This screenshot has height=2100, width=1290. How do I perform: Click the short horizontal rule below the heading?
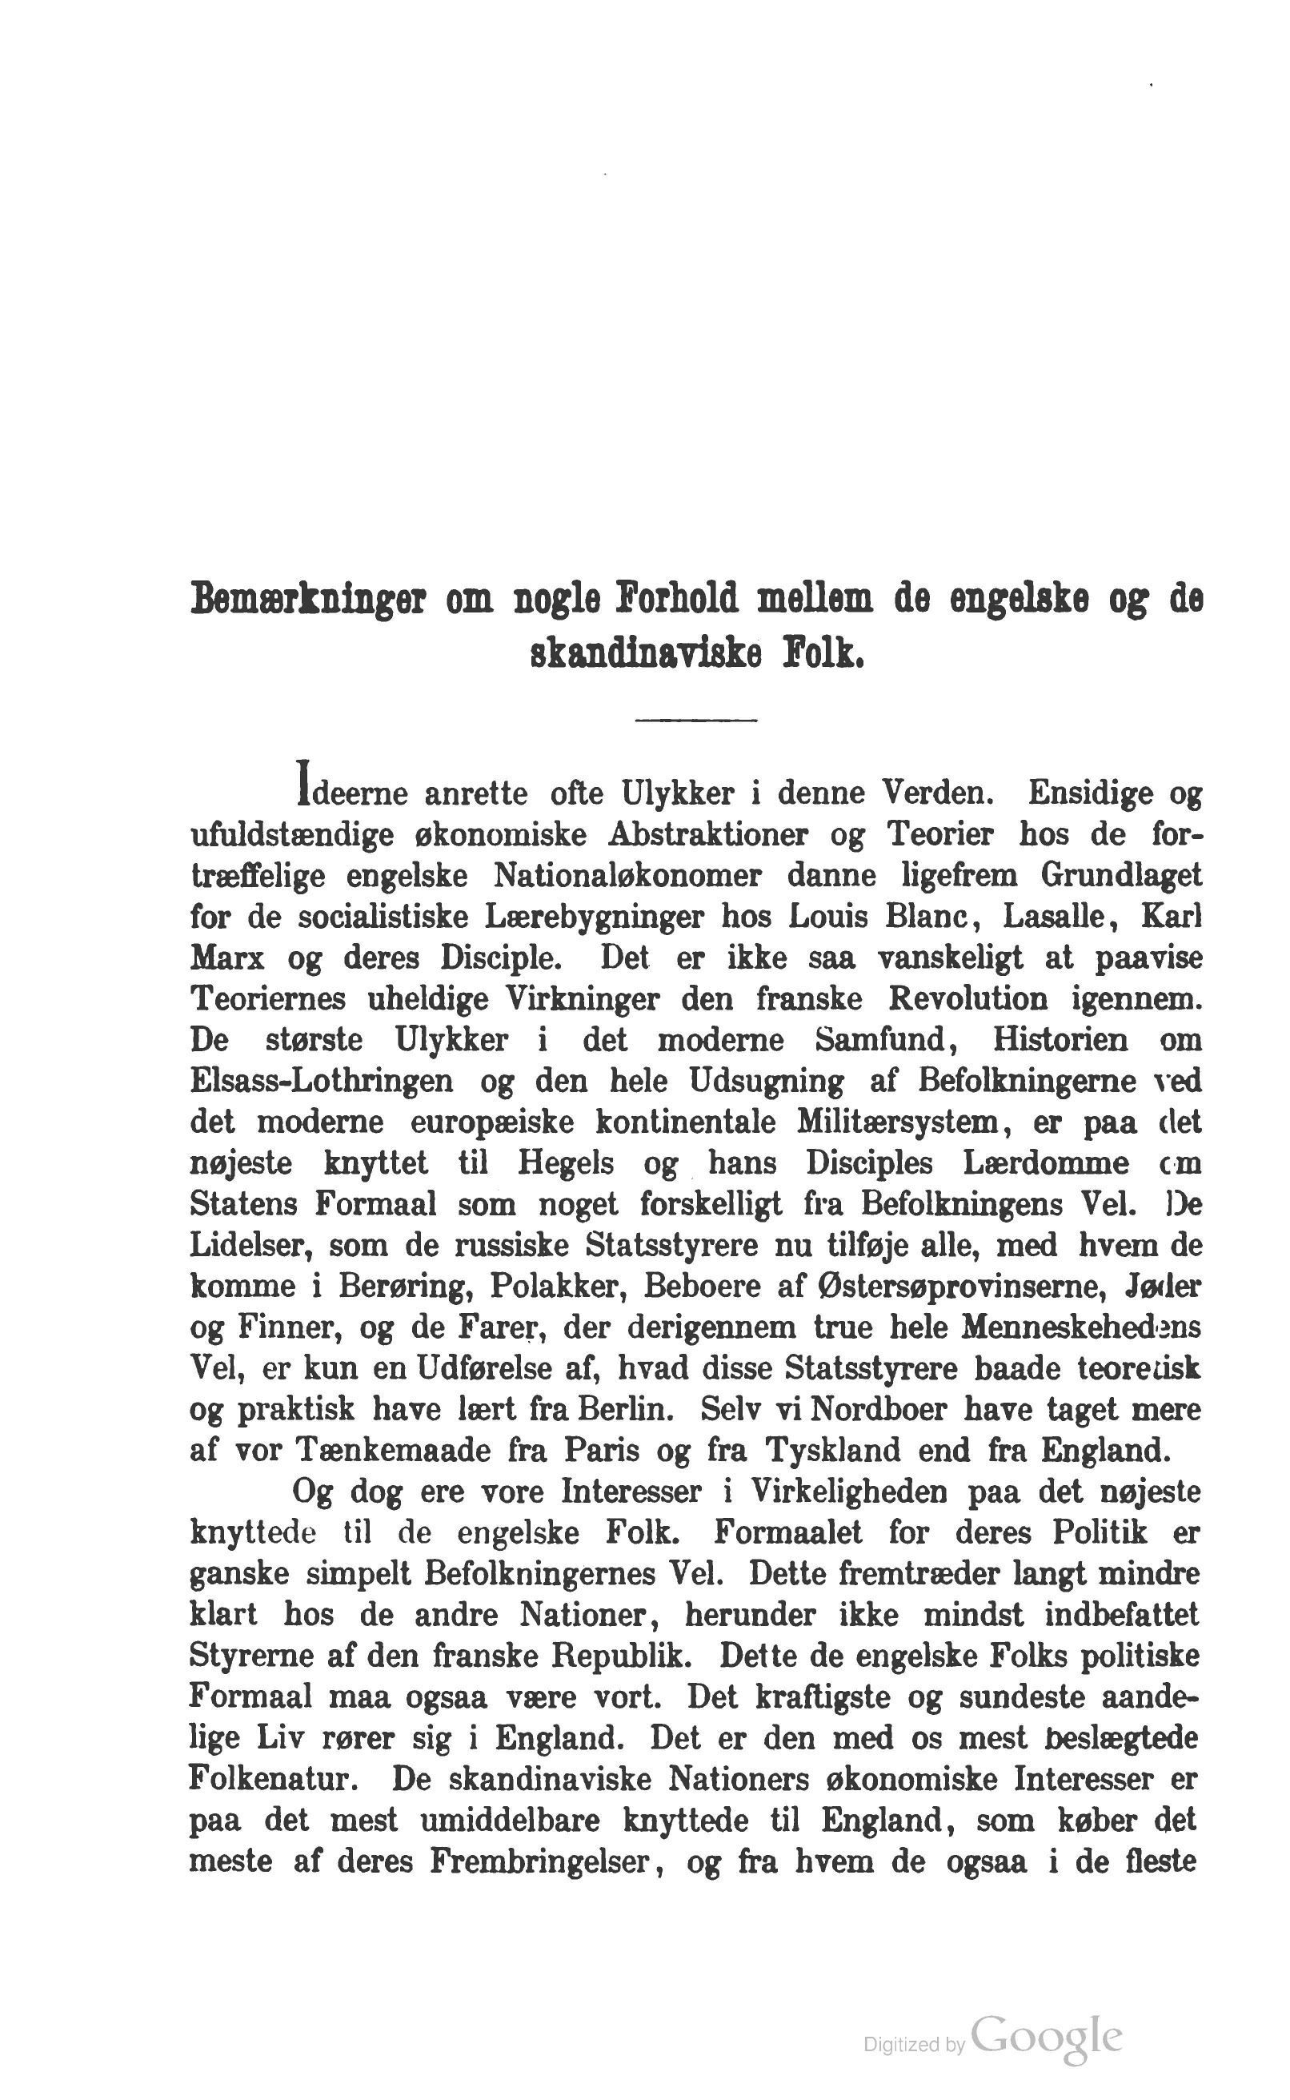[x=695, y=722]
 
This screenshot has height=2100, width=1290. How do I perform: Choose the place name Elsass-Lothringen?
[x=322, y=1082]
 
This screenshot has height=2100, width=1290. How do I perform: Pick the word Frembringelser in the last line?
[x=539, y=1861]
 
